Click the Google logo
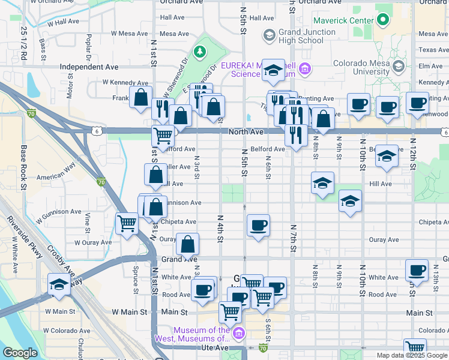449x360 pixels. pyautogui.click(x=20, y=352)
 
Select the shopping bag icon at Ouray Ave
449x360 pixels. pyautogui.click(x=187, y=244)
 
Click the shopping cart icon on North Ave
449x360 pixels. pyautogui.click(x=162, y=136)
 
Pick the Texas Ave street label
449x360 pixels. pyautogui.click(x=433, y=50)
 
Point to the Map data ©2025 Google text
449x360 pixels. pyautogui.click(x=412, y=355)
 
